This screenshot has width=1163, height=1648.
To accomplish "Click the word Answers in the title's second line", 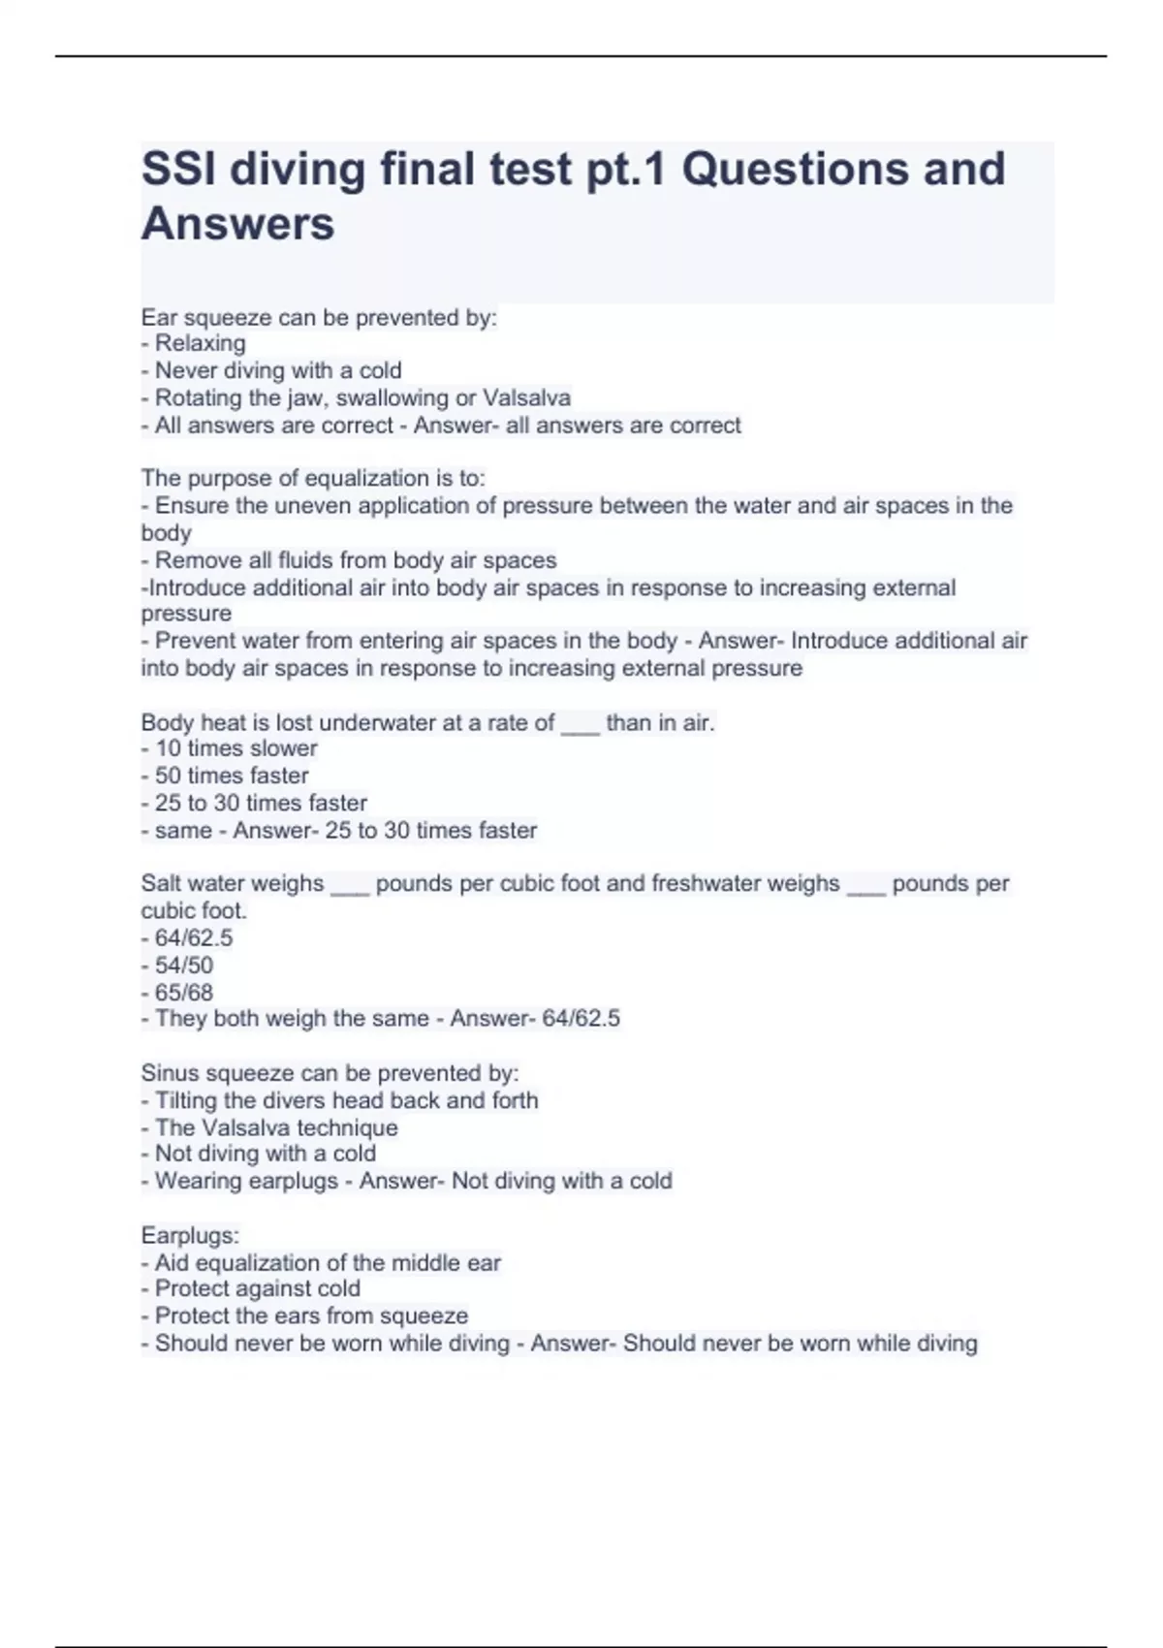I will point(237,224).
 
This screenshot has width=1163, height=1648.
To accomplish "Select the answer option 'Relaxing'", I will point(200,343).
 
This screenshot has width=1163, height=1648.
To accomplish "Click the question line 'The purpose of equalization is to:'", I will point(313,478).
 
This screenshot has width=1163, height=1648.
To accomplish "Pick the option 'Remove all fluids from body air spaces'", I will point(355,560).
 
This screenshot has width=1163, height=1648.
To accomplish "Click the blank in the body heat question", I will point(581,723).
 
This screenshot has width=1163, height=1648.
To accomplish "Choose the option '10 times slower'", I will point(236,748).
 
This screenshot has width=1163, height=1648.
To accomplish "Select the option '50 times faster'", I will point(232,776).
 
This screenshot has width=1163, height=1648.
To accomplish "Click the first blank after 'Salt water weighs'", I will point(350,884).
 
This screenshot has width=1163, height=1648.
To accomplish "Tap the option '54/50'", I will point(184,966).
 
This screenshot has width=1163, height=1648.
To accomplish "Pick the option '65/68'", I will point(184,993).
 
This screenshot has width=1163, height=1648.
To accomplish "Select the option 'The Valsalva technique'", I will point(276,1127).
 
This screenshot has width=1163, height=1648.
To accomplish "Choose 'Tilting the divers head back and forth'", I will point(346,1100).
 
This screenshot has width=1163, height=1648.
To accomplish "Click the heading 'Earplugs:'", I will point(190,1236).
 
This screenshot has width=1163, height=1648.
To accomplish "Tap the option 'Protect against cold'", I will point(257,1288).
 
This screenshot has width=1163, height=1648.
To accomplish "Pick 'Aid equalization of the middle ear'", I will point(328,1263).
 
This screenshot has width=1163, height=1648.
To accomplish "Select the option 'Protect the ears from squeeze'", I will point(311,1315).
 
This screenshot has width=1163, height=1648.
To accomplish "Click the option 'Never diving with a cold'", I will point(278,370).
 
